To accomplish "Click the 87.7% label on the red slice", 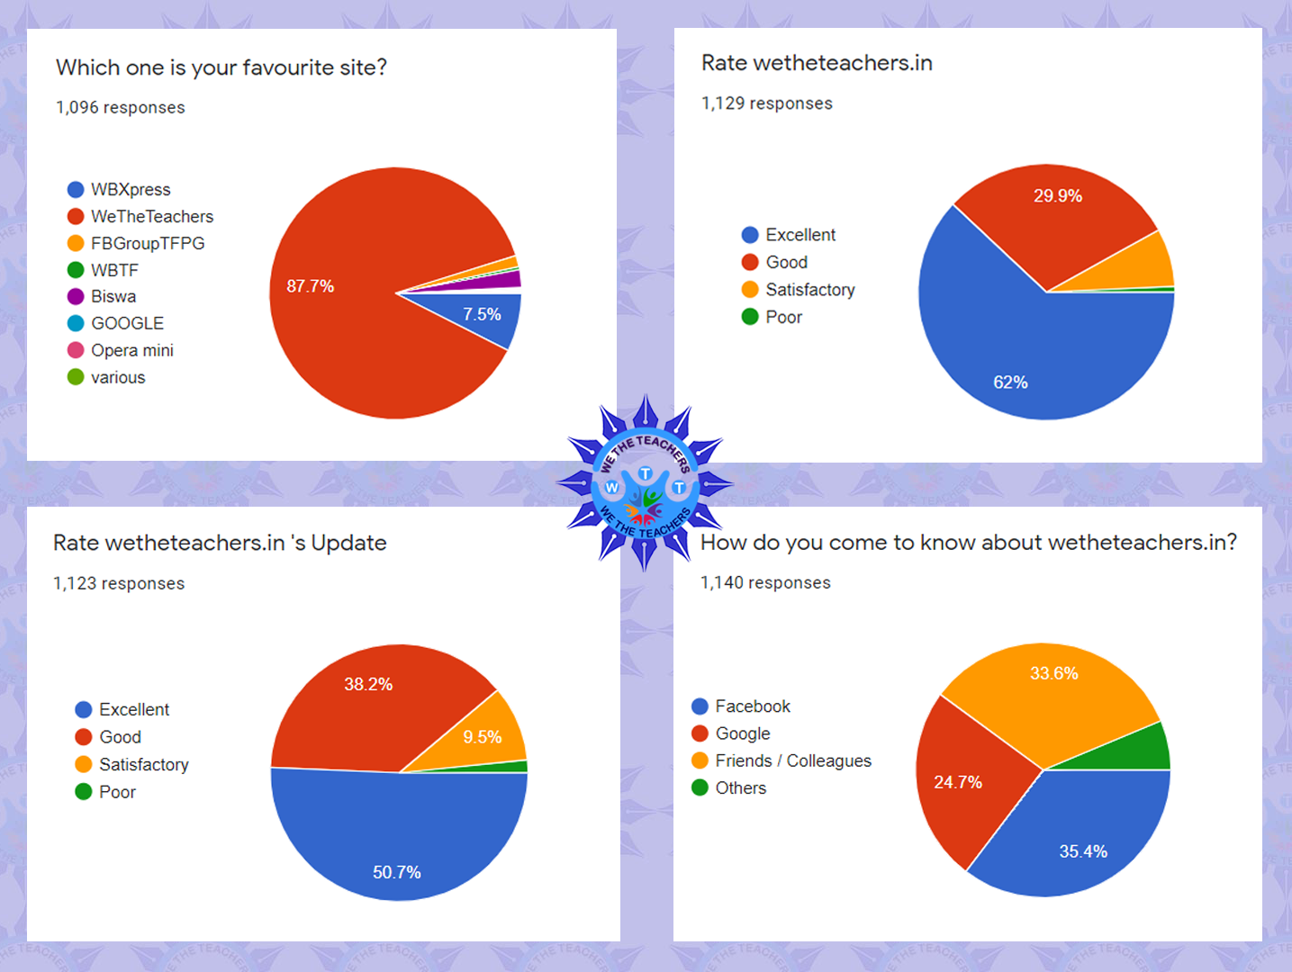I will (x=311, y=286).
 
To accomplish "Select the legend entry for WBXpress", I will (x=131, y=190).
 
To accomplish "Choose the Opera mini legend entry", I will (x=131, y=351).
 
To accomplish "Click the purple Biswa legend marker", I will (x=76, y=297).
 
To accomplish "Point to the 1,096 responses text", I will (x=121, y=108).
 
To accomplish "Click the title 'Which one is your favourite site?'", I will (x=221, y=67).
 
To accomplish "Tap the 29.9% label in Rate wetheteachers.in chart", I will (x=1057, y=196).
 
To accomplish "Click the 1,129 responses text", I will (x=767, y=103).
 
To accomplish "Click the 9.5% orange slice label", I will (x=483, y=737).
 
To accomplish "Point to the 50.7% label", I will (x=397, y=872).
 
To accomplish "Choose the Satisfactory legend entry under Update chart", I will (x=144, y=765).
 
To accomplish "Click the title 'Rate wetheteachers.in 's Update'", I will (x=220, y=543).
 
